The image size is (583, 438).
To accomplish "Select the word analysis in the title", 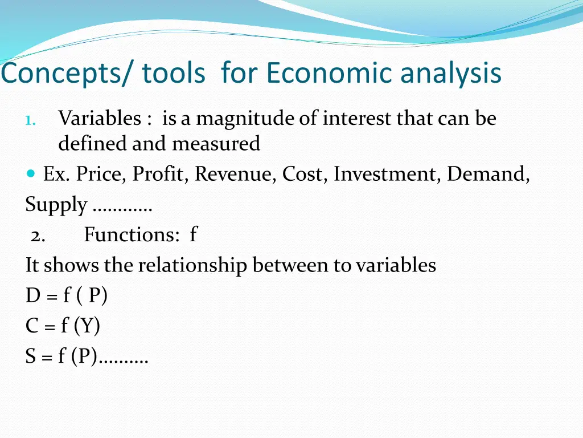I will click(x=450, y=74).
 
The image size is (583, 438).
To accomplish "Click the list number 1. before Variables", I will click(x=31, y=120).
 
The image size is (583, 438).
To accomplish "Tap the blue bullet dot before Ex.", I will click(x=31, y=173).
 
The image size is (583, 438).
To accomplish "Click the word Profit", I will click(x=161, y=174).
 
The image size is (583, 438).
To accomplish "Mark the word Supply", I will click(x=56, y=205).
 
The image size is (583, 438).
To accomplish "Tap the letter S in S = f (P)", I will click(x=31, y=356).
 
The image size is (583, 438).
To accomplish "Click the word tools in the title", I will click(x=173, y=74).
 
